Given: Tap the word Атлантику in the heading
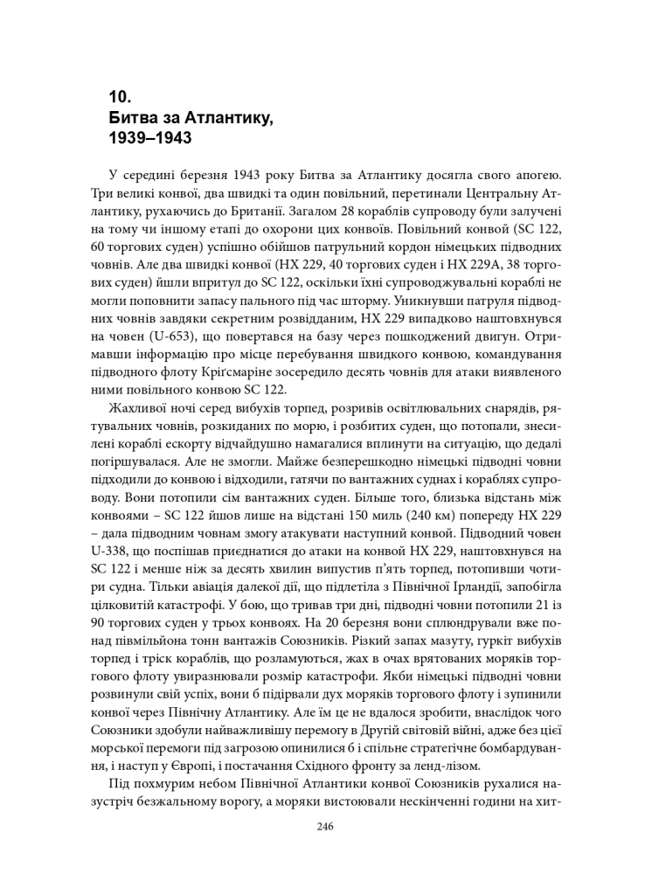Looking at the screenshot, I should [x=229, y=118].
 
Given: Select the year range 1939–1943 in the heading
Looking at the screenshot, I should [x=149, y=138].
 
